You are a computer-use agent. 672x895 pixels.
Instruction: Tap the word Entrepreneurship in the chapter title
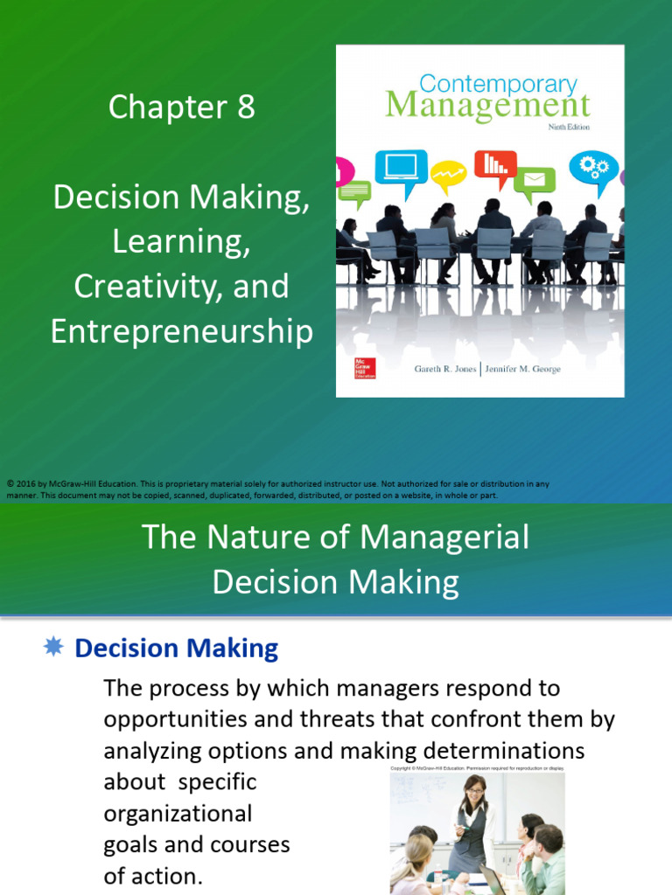point(182,332)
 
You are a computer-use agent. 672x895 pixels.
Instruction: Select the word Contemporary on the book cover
point(499,85)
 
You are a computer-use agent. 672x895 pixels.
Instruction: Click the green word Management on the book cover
point(488,107)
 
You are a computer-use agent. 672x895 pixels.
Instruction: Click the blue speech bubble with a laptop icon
point(401,165)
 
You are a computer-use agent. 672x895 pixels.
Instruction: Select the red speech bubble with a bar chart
point(495,164)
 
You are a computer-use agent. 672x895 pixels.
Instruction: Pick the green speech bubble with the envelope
point(534,181)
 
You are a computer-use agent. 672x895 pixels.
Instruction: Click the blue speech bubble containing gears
point(593,167)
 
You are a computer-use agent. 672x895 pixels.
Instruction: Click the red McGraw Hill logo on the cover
point(359,367)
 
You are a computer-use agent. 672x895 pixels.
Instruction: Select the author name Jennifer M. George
point(522,370)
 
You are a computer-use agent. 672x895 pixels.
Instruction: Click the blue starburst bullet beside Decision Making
point(53,647)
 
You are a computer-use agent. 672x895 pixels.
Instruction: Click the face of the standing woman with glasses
point(475,794)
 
